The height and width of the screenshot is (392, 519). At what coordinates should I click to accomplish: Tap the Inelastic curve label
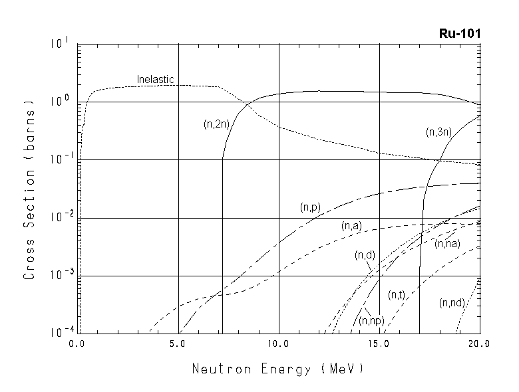155,80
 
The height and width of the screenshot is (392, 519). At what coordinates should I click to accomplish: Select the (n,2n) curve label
216,124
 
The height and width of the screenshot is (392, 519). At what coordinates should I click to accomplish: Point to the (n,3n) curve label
438,132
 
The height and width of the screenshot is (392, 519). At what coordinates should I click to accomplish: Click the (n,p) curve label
310,208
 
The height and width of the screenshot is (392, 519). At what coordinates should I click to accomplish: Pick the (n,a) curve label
351,227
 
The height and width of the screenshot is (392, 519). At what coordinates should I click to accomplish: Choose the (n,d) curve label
365,254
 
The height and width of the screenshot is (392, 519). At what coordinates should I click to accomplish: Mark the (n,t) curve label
397,294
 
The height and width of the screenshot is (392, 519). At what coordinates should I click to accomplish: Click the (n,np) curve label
370,322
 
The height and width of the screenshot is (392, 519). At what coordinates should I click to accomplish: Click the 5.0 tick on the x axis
178,345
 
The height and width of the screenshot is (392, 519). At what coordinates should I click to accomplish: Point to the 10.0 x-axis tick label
277,345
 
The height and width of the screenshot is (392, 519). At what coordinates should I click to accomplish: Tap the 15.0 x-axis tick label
379,345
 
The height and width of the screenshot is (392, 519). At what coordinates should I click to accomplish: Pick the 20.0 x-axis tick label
478,345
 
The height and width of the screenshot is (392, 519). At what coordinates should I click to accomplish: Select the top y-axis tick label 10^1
57,44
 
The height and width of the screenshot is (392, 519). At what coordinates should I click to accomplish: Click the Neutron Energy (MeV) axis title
278,367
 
